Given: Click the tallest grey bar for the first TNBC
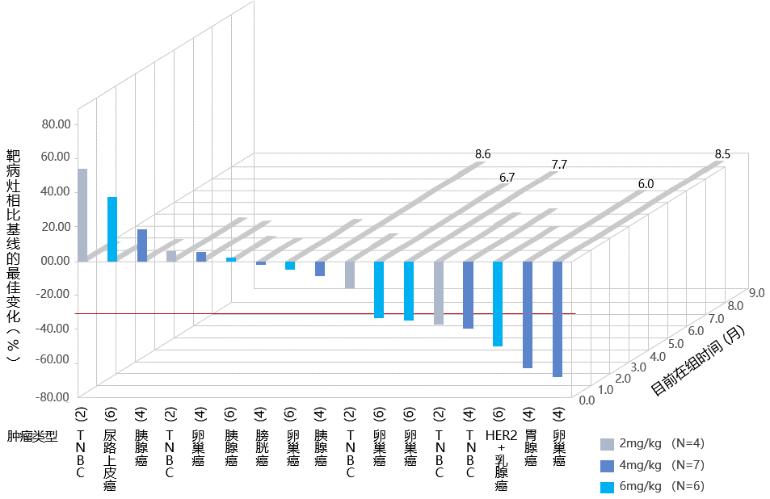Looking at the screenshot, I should (x=82, y=215).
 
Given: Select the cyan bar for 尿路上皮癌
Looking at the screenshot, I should (x=112, y=229).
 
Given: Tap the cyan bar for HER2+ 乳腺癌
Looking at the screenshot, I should (x=498, y=304).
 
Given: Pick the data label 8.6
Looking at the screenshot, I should (x=482, y=153).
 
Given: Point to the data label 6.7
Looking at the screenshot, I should (x=507, y=176).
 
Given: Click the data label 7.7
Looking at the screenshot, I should (x=559, y=165).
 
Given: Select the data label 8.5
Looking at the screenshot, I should (x=722, y=153).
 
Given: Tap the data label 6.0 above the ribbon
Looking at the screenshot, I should (x=646, y=184).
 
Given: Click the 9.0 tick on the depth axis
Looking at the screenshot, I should (x=756, y=293).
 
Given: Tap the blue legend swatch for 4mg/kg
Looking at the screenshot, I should (x=608, y=465).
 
